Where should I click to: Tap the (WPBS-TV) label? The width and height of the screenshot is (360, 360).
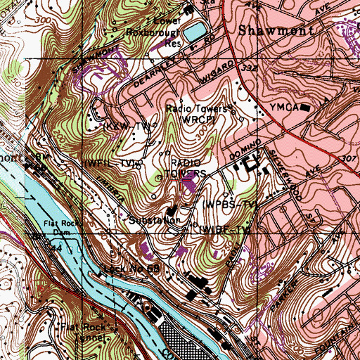coord(228,205)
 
